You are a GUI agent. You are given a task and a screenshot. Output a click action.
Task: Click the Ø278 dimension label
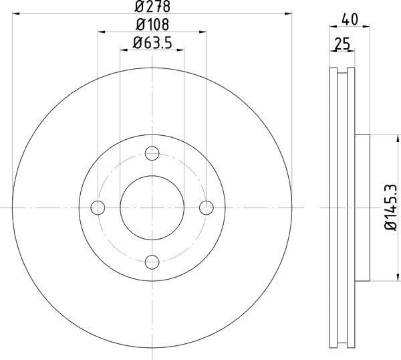(x=152, y=7)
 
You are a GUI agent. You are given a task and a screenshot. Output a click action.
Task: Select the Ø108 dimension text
(x=152, y=25)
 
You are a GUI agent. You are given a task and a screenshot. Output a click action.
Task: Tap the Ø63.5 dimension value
(x=152, y=43)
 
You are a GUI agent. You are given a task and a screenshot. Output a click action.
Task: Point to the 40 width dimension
(x=350, y=19)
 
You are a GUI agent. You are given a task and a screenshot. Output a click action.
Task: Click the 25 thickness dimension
(x=342, y=44)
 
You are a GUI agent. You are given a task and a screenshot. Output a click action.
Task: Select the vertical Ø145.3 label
(x=391, y=207)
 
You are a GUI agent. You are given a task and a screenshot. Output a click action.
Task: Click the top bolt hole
(x=152, y=153)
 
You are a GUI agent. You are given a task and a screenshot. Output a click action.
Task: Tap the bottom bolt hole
(x=152, y=262)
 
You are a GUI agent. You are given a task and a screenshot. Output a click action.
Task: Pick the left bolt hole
(x=98, y=207)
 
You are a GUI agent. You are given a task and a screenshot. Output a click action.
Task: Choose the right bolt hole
(x=207, y=207)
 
